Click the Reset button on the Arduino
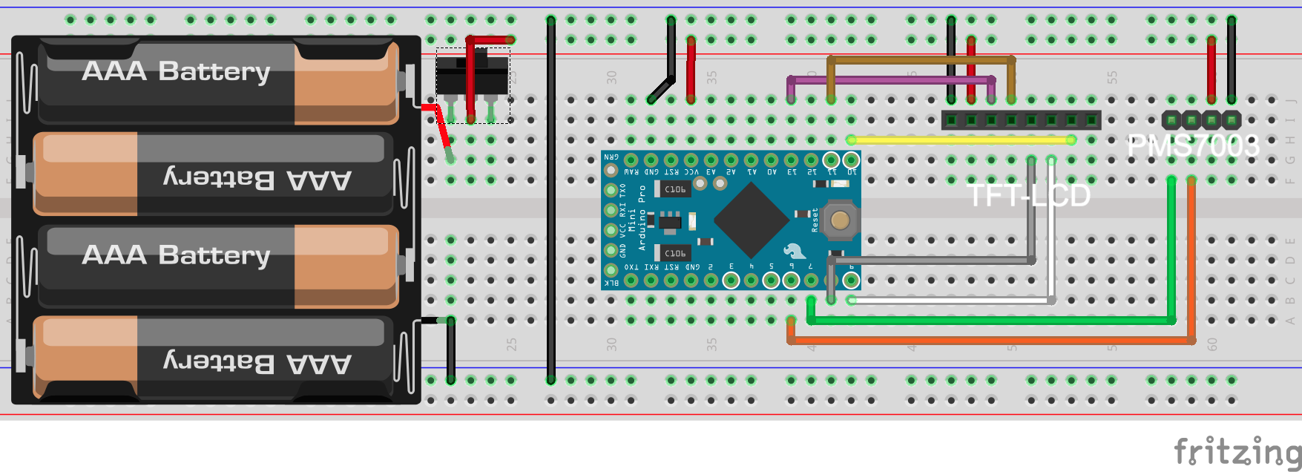(840, 220)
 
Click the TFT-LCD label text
(1030, 196)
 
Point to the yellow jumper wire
(961, 140)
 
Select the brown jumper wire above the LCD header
(920, 59)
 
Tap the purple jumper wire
(890, 79)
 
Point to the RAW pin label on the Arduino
(631, 172)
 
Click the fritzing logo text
(1237, 451)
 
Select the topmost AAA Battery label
(176, 71)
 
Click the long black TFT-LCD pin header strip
(1021, 119)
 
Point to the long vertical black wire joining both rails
(550, 200)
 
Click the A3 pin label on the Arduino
(711, 172)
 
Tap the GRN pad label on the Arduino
(611, 157)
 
